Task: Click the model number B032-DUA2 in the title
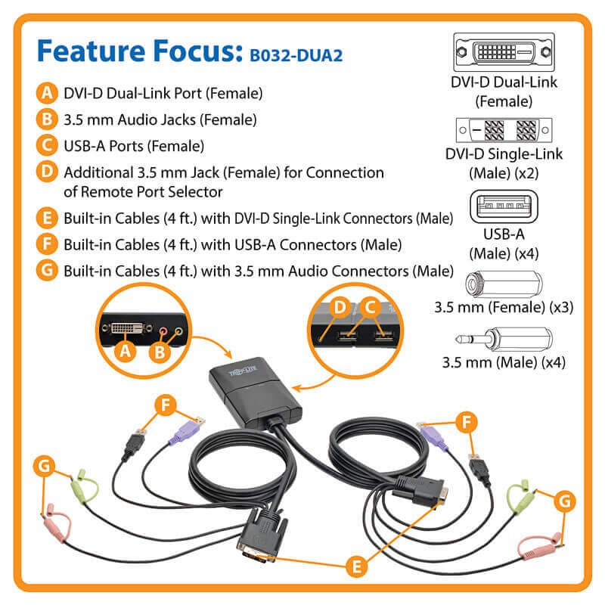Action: (x=296, y=55)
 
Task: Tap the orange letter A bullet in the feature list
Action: (x=47, y=93)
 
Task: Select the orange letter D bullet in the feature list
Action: (x=47, y=172)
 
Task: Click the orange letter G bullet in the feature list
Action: (x=47, y=270)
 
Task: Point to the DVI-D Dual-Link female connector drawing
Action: (x=504, y=52)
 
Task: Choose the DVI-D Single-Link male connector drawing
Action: (x=504, y=130)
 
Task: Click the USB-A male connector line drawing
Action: (x=504, y=206)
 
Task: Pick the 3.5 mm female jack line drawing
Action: (x=504, y=284)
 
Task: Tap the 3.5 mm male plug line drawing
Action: (x=504, y=339)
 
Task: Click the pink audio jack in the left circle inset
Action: (x=163, y=331)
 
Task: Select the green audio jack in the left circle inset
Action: (x=178, y=330)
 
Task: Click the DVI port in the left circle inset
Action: (x=127, y=328)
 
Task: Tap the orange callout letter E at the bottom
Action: (x=356, y=566)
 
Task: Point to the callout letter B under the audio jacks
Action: (x=160, y=352)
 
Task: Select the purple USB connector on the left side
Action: (x=187, y=430)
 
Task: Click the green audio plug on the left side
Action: (x=83, y=487)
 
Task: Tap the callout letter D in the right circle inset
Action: (x=340, y=308)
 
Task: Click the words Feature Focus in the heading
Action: (x=140, y=51)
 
